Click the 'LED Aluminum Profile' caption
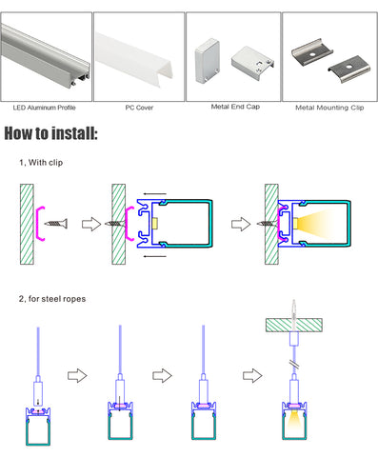coord(45,108)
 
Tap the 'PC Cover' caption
coord(139,108)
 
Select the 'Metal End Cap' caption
coord(235,107)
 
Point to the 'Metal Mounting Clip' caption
coord(329,108)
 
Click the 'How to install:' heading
coord(50,133)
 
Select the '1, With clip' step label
coord(41,163)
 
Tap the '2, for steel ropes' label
coord(52,299)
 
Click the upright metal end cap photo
coord(208,61)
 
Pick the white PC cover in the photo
coord(134,60)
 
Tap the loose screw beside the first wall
coord(56,224)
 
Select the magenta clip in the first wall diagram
coord(41,224)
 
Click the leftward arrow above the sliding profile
coord(154,193)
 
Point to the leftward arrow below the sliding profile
coord(154,256)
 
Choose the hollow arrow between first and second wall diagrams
coord(91,224)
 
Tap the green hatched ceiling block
coord(294,326)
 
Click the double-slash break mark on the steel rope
coord(294,364)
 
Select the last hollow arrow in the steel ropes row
coord(252,376)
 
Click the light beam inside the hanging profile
coord(294,423)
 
